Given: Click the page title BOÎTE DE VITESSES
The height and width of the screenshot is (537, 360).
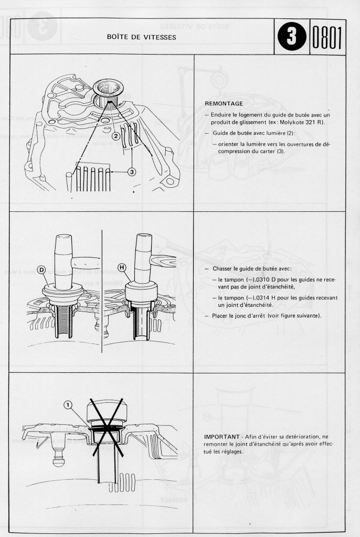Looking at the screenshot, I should (141, 37).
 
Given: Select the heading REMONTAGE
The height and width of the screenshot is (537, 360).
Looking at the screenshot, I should (224, 103).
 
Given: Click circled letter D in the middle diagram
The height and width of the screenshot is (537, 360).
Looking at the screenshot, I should (41, 270).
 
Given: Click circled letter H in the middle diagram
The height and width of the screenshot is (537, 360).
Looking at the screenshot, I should (123, 268).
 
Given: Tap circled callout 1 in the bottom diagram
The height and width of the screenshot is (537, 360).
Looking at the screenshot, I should (67, 405).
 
